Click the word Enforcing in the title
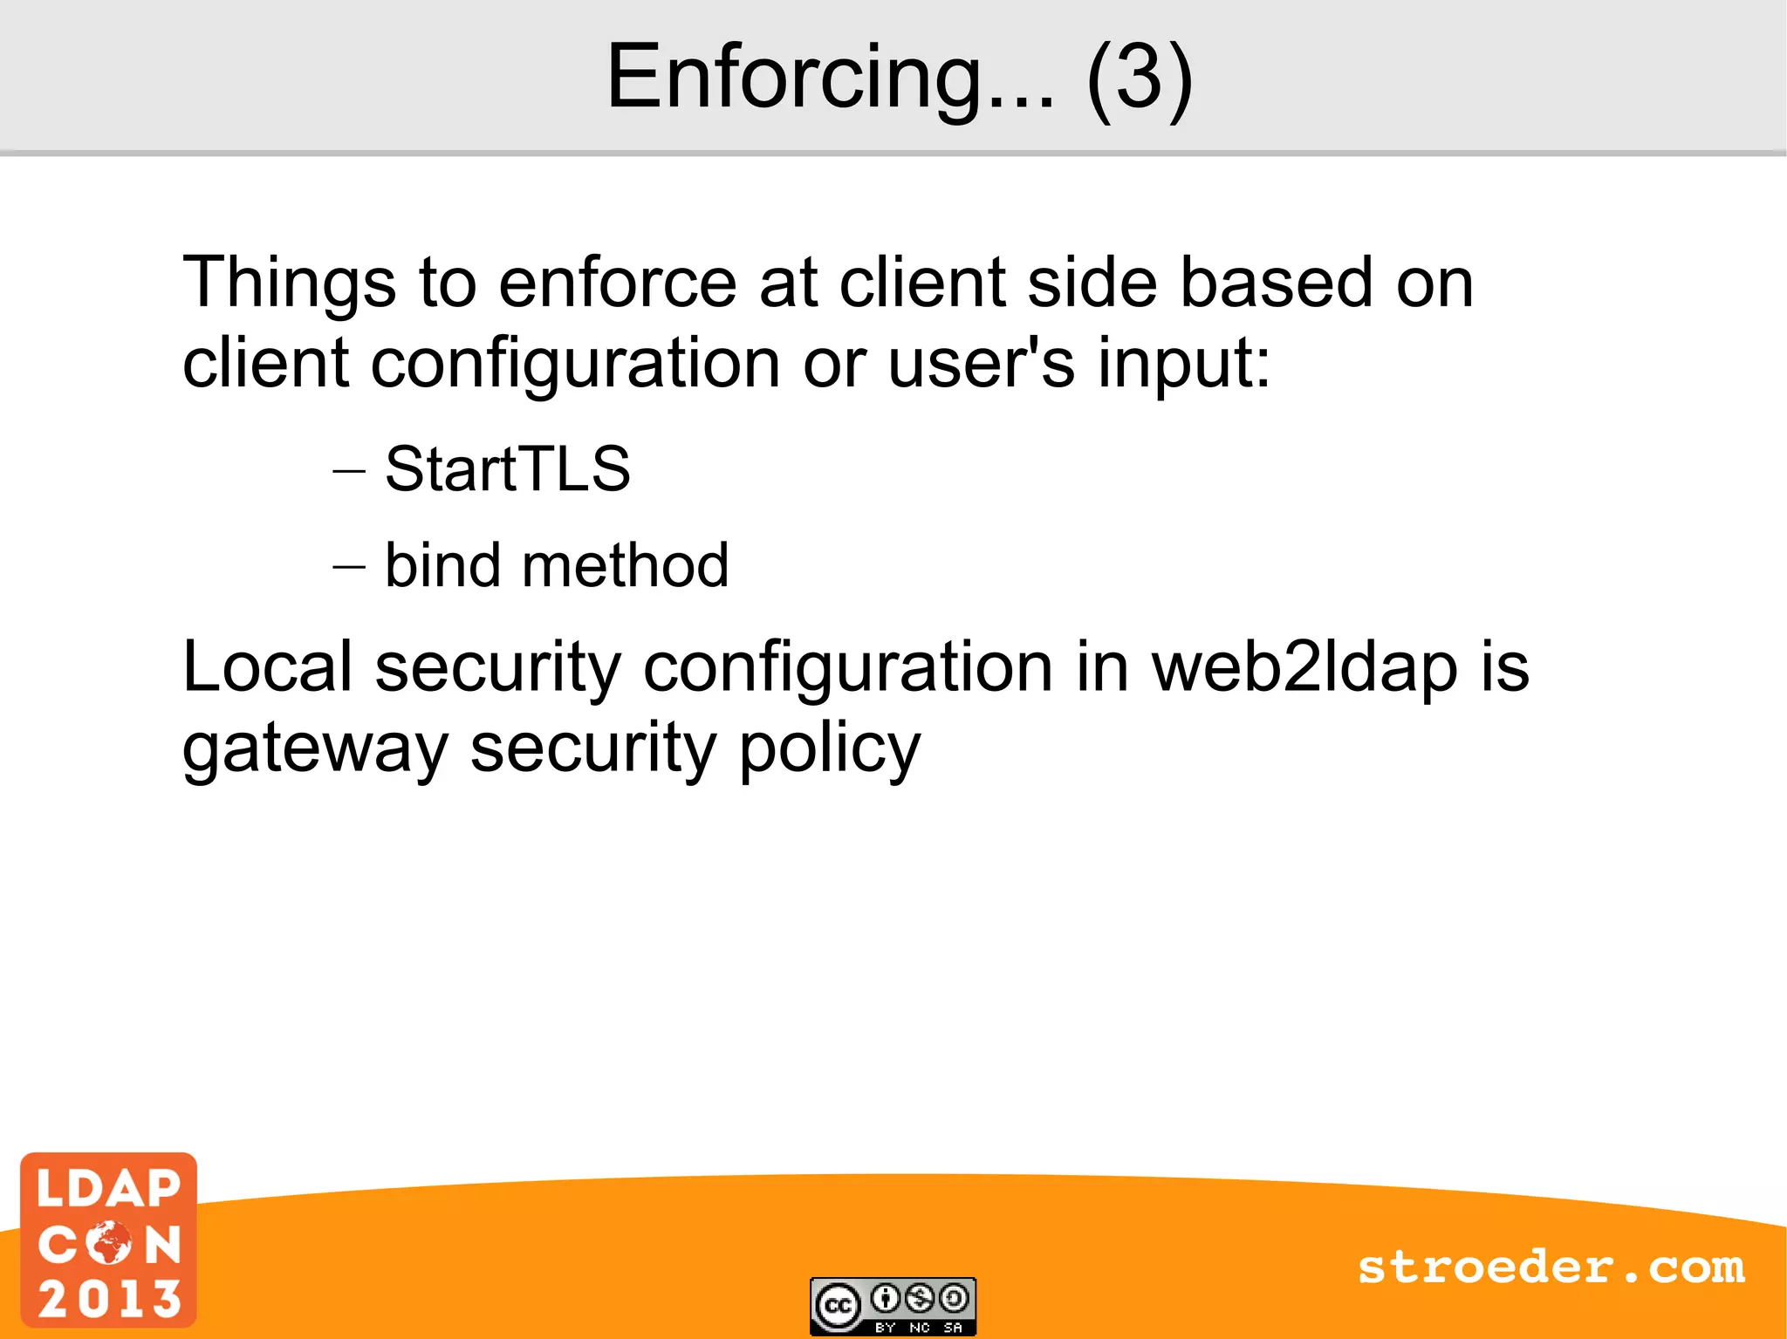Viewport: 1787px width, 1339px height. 830,79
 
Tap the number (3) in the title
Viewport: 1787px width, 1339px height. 1139,79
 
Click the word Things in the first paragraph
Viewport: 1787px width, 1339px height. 289,284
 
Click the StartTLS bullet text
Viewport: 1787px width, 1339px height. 507,469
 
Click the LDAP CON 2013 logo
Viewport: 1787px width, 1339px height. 109,1240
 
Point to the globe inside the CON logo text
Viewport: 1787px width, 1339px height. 110,1242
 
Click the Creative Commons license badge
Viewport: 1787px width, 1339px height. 893,1306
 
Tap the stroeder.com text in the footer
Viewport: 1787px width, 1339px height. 1551,1267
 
